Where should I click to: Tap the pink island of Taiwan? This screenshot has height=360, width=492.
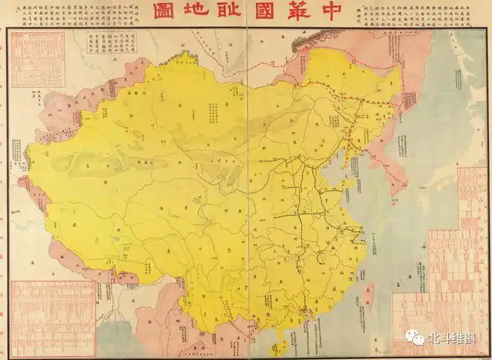point(373,287)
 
